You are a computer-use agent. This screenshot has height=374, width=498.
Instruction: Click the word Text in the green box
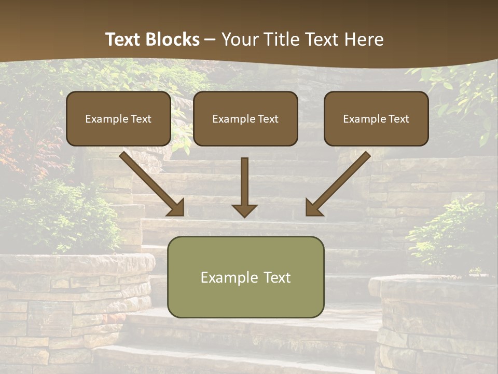coord(276,277)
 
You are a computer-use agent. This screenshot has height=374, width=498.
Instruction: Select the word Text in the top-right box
coord(398,119)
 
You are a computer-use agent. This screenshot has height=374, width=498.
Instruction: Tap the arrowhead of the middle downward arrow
coord(244,210)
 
